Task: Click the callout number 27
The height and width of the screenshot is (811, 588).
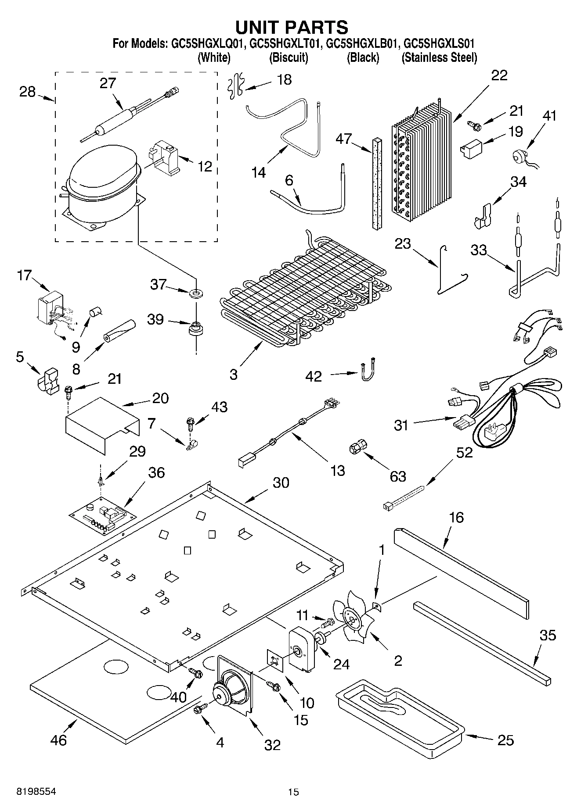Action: pyautogui.click(x=108, y=83)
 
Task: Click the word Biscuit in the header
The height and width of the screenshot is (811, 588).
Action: pyautogui.click(x=289, y=57)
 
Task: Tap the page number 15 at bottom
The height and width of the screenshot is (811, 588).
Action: pyautogui.click(x=293, y=792)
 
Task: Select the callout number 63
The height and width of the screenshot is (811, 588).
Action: pyautogui.click(x=398, y=476)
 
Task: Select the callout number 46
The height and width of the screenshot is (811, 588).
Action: pyautogui.click(x=58, y=740)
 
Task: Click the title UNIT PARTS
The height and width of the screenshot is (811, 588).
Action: pyautogui.click(x=292, y=27)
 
